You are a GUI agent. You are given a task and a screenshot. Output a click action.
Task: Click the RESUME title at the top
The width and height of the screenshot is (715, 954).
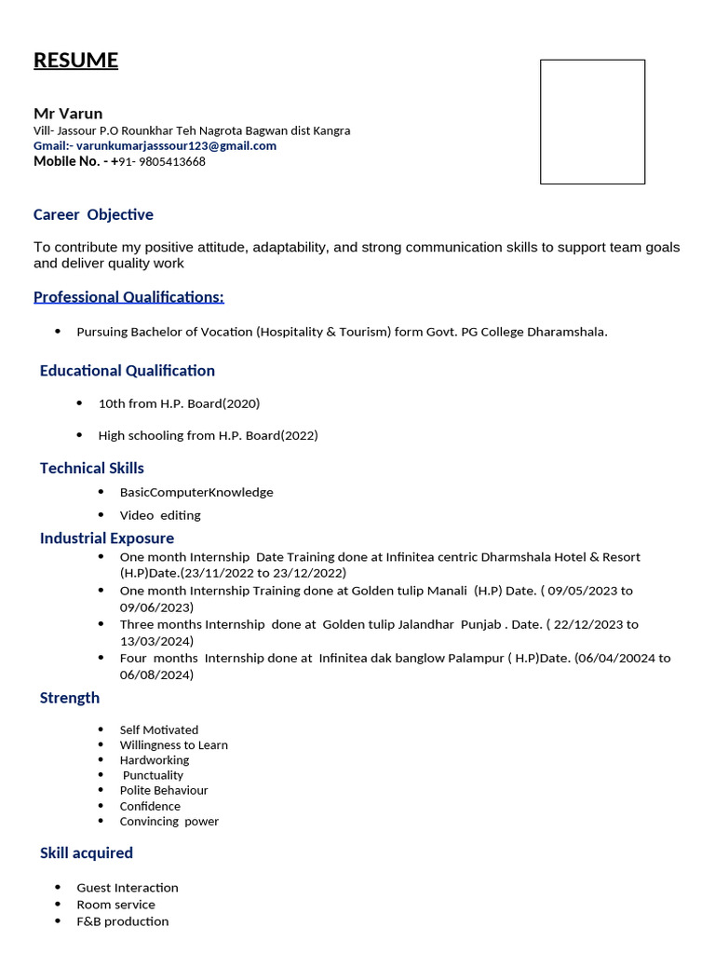tap(75, 61)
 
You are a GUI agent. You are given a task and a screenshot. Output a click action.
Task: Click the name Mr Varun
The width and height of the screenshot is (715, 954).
tap(68, 114)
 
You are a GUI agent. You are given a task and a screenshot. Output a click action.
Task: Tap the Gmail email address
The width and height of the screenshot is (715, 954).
tap(176, 145)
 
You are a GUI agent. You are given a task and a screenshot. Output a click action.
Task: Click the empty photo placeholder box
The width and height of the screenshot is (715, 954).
tap(592, 122)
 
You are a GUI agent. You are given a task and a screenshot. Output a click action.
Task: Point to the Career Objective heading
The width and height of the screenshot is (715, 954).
tap(93, 214)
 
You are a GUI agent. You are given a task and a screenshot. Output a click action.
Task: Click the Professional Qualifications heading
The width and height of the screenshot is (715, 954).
tap(128, 297)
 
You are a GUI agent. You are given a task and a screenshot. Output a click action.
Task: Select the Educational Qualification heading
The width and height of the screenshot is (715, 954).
tap(127, 371)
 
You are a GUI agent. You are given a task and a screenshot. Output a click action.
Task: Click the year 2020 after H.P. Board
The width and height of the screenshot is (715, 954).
tap(241, 403)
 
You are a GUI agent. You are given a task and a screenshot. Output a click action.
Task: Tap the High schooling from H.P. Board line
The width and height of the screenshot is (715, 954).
tap(208, 435)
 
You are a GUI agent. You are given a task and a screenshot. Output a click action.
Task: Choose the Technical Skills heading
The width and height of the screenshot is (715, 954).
tap(91, 468)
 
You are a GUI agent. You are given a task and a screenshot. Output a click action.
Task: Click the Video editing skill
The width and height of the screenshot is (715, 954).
tap(159, 515)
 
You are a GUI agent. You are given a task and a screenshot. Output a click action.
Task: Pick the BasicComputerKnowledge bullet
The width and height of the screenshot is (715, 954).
tap(196, 492)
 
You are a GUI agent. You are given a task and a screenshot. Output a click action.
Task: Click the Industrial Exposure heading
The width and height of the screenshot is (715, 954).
tap(106, 538)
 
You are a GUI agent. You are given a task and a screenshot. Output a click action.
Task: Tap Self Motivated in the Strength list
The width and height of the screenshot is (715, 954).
tap(158, 729)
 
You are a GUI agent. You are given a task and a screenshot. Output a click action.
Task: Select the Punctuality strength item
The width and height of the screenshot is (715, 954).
tap(153, 775)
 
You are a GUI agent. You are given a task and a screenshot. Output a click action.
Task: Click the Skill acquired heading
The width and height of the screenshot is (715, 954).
tap(86, 852)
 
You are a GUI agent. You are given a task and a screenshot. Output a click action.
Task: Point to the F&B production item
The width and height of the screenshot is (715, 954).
tap(122, 921)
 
